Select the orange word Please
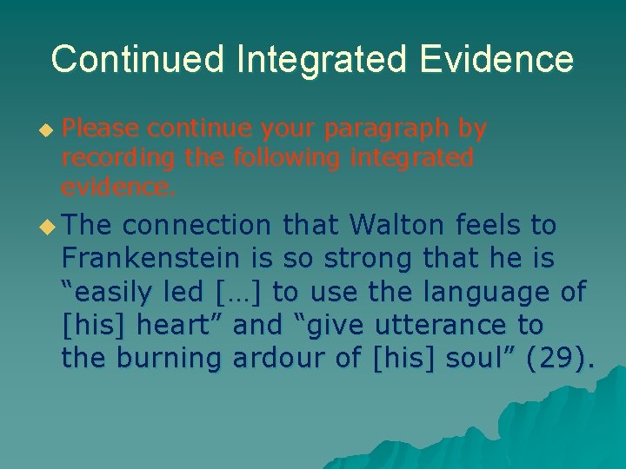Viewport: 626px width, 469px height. point(100,129)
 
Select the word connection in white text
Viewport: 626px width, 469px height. point(196,226)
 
